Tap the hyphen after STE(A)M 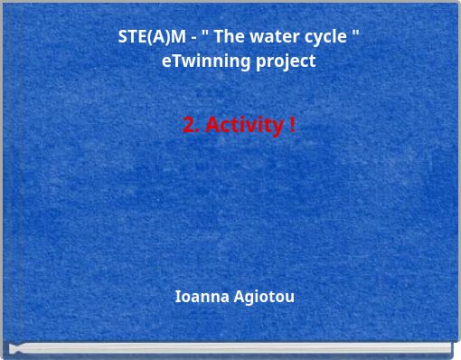point(193,38)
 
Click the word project point(286,62)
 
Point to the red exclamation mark point(291,125)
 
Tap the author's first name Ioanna point(201,297)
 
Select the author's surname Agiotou point(264,298)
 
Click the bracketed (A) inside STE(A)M point(155,37)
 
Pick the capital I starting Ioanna point(177,297)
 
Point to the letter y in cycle point(312,39)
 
